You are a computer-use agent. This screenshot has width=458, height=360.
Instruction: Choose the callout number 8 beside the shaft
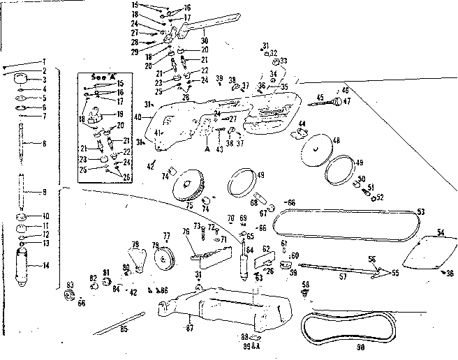pyautogui.click(x=45, y=144)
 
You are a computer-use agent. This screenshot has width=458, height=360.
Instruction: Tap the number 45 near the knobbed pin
pyautogui.click(x=320, y=97)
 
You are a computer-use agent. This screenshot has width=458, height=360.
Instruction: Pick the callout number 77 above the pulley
pyautogui.click(x=166, y=235)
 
